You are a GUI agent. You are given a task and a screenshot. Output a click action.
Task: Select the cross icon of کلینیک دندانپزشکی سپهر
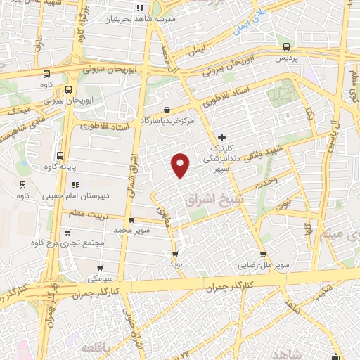(222, 137)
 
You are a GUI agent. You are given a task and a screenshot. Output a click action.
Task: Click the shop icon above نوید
(174, 254)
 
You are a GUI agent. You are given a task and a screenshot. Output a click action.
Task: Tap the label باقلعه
(96, 349)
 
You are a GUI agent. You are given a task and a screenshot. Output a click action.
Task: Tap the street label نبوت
(281, 202)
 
